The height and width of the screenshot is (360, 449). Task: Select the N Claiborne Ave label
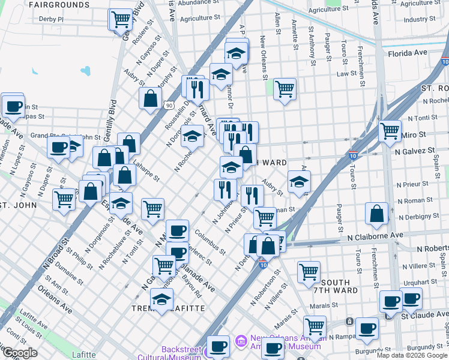(375, 236)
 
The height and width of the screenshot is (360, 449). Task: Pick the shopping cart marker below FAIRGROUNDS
(121, 19)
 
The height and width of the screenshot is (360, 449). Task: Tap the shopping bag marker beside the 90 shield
(150, 98)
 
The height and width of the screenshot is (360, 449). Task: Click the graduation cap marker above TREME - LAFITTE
(161, 298)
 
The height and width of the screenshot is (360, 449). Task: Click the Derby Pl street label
(51, 19)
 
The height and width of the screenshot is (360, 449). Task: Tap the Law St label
(346, 74)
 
